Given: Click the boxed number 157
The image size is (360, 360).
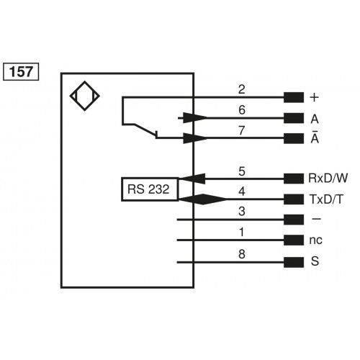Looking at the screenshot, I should click(x=22, y=72).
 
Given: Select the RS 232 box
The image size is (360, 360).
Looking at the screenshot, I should click(x=149, y=189).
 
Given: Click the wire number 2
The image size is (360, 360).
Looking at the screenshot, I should click(x=242, y=89).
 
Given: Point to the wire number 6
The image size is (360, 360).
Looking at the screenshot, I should click(x=242, y=110).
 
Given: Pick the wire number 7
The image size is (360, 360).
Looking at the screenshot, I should click(x=242, y=130).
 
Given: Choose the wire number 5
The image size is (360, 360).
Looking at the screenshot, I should click(x=242, y=171).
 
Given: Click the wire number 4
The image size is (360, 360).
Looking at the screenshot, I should click(x=242, y=192).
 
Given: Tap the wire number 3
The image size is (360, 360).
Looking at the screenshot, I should click(x=242, y=212).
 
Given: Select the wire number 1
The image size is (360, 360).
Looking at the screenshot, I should click(x=242, y=232).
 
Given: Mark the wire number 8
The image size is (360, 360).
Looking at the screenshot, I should click(x=242, y=253).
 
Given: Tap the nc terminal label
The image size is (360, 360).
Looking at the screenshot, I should click(x=315, y=240).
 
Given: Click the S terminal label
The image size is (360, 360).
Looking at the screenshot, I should click(x=314, y=261).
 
